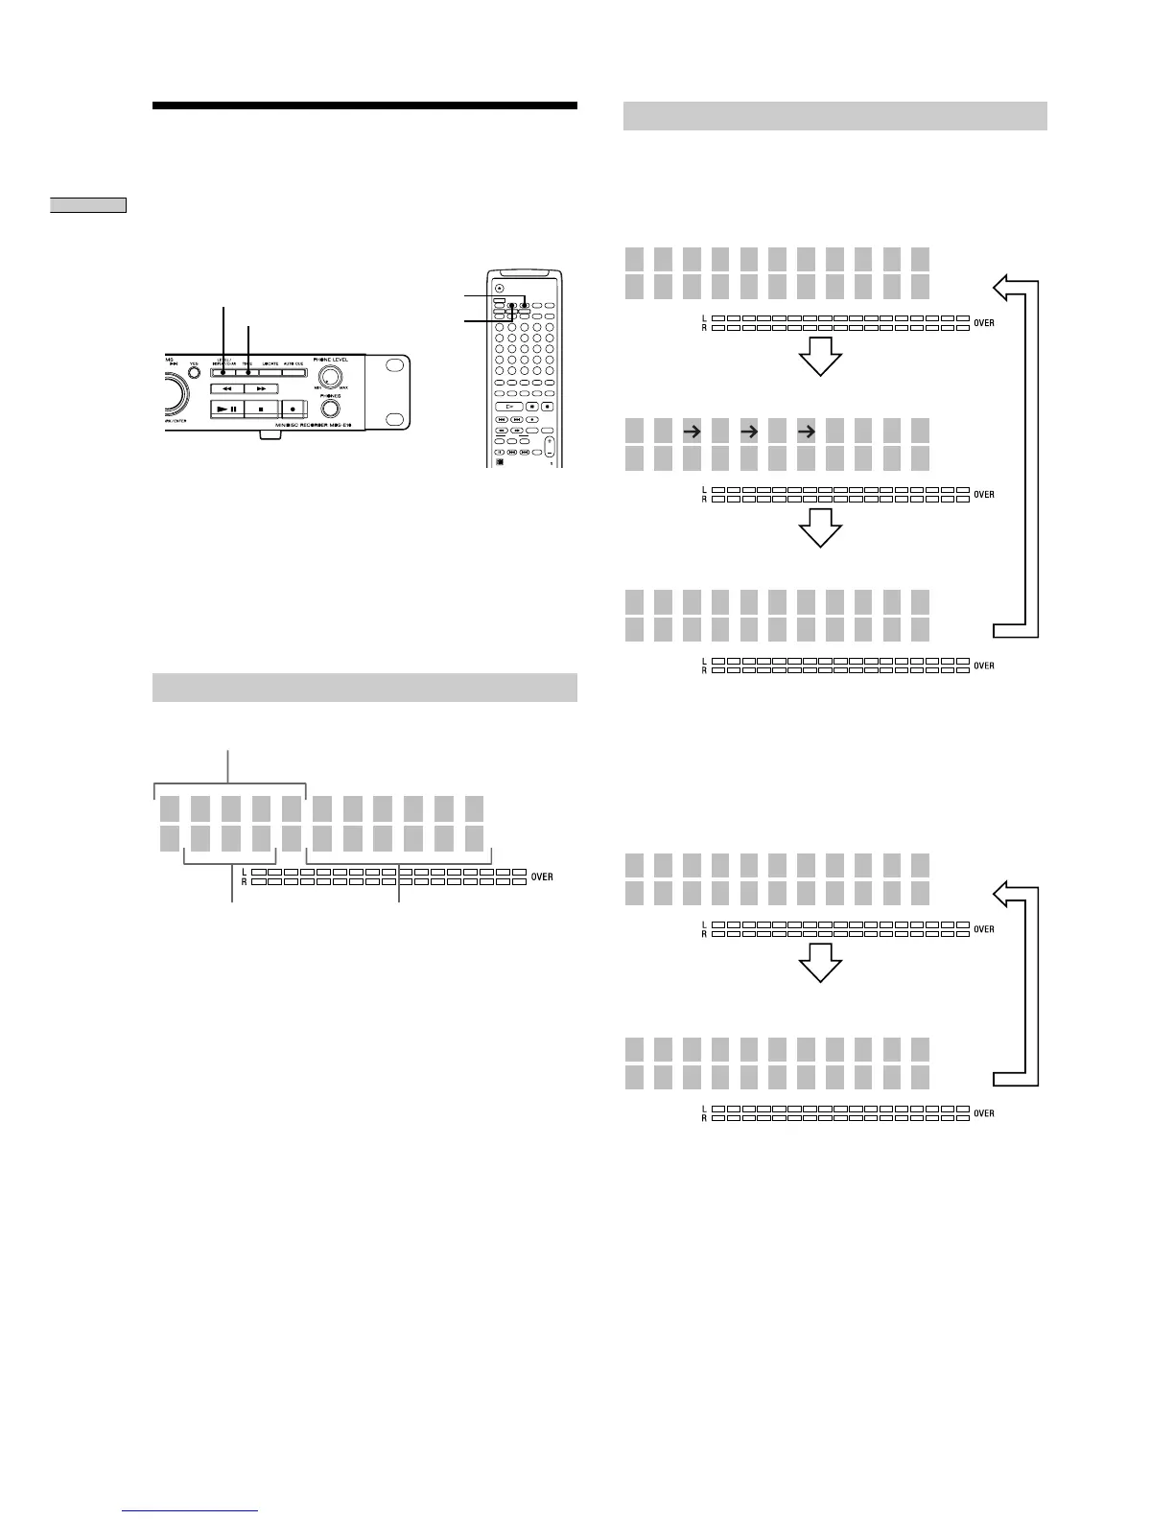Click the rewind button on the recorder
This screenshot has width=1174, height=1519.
coord(227,388)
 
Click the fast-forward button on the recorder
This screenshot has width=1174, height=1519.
coord(261,388)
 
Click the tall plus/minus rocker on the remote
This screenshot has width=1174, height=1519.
coord(550,446)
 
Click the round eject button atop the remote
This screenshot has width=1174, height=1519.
coord(499,289)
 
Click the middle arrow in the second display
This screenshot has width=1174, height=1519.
coord(748,432)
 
